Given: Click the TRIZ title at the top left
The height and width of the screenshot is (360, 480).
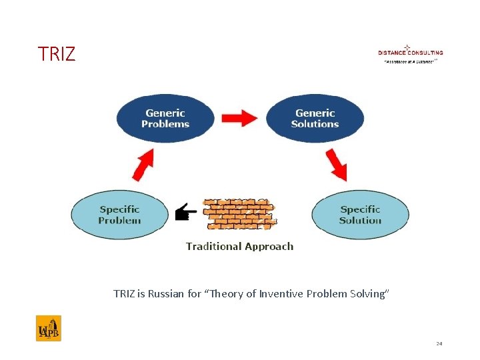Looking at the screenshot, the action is coord(57,54).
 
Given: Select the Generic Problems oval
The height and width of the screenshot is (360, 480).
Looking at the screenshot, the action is coord(165,119).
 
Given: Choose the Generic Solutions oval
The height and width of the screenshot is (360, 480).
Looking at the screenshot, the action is coord(315,119).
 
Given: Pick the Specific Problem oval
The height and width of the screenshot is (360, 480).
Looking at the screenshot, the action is coord(120,215).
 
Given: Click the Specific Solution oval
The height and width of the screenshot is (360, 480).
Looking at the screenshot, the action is coord(360,215).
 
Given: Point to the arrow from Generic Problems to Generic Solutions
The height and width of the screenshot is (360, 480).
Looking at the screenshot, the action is coord(240,118).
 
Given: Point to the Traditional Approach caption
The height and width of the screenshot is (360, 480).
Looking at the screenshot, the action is coord(239,247).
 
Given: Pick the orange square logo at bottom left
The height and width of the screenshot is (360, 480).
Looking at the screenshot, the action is coord(49,328).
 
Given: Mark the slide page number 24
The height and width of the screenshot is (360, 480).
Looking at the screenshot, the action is coord(439,343).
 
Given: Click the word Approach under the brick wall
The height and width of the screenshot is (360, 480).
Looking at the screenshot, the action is coord(269,247).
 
